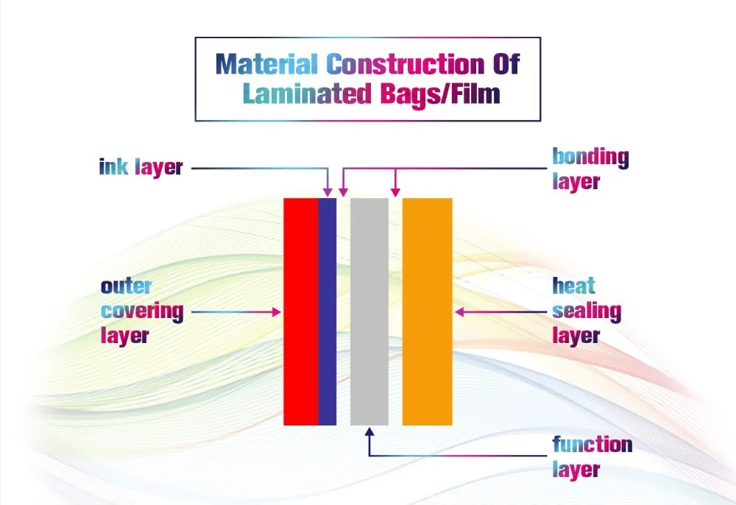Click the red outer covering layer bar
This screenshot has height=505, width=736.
click(300, 311)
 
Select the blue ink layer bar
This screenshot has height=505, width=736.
click(327, 311)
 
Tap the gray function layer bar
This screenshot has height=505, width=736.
click(369, 311)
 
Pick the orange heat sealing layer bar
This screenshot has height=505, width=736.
click(427, 311)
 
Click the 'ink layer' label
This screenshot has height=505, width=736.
click(141, 167)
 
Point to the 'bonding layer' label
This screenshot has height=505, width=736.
click(590, 169)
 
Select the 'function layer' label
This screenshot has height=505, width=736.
click(592, 456)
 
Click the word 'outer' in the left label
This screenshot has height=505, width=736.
click(126, 286)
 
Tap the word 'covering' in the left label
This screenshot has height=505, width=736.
click(142, 311)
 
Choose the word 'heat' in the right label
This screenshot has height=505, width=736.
click(574, 286)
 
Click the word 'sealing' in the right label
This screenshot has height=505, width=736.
click(587, 311)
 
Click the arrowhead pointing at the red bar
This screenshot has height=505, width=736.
click(277, 312)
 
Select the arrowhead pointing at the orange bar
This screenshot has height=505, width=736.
click(459, 312)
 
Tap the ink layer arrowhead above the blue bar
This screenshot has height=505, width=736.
click(328, 192)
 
